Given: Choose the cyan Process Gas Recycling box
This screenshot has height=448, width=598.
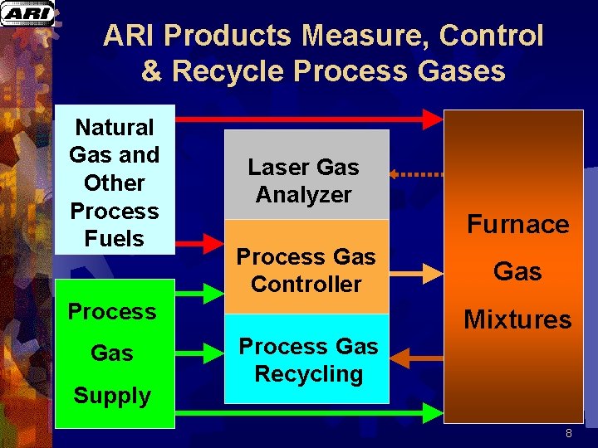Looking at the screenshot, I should [x=306, y=358].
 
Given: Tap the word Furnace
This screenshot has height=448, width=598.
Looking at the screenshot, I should [x=517, y=224].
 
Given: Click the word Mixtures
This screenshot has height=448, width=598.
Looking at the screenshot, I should [x=517, y=319].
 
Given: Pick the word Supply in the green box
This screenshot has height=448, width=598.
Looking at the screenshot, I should [x=112, y=396].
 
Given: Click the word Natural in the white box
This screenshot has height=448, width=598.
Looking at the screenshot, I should [x=115, y=127].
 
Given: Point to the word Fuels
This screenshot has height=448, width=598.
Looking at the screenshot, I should [x=115, y=239].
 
